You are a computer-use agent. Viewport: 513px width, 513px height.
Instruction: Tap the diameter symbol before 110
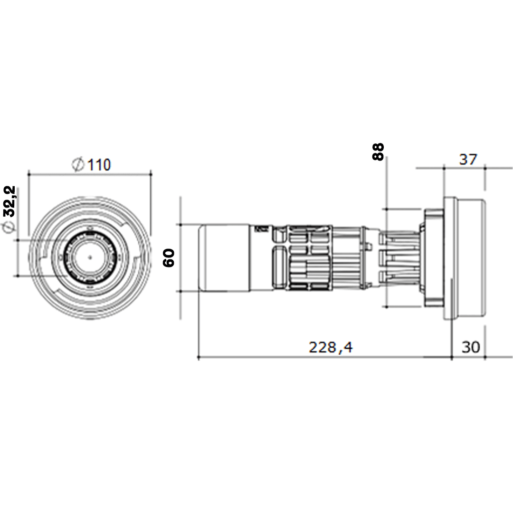(x=78, y=165)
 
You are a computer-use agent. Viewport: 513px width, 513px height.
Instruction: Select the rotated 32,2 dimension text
(x=10, y=200)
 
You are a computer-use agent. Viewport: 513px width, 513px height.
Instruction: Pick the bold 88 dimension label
(x=378, y=152)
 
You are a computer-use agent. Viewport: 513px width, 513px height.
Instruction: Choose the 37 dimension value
(x=467, y=160)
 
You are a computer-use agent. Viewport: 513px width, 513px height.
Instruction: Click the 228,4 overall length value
(x=331, y=347)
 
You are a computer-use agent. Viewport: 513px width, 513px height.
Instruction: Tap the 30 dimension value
(x=471, y=347)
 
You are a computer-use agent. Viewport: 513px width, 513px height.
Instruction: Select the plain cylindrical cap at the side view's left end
(x=224, y=257)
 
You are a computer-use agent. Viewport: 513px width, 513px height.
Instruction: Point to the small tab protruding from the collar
(x=369, y=246)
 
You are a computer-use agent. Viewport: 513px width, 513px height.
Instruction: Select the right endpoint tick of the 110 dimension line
(x=151, y=174)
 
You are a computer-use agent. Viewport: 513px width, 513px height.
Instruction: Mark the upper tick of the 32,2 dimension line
(x=18, y=240)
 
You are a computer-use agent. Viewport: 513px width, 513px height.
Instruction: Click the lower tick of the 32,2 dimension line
(x=18, y=275)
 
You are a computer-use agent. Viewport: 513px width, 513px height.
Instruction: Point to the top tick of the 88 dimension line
(x=388, y=209)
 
